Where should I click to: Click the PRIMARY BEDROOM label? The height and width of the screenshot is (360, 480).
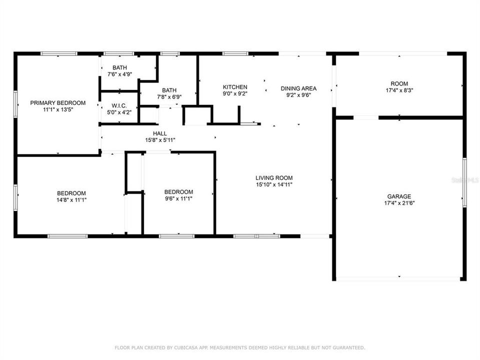tap(57, 103)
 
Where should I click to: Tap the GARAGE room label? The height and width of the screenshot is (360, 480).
tap(399, 196)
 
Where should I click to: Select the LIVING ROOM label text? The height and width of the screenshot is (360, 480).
tap(273, 177)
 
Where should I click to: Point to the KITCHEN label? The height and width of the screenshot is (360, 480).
tap(235, 87)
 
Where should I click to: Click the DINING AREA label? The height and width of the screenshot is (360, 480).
tap(298, 88)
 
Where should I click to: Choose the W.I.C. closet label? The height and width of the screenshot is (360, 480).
tap(119, 106)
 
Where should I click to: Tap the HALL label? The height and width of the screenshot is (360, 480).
tap(160, 133)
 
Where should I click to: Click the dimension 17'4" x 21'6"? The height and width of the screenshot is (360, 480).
tap(399, 203)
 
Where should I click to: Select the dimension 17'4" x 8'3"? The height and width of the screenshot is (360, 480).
tap(399, 90)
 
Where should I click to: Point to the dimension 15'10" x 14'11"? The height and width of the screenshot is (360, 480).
tap(273, 184)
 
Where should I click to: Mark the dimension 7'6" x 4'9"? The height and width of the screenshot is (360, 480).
tap(119, 74)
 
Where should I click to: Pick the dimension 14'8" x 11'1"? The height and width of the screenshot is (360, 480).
tap(71, 200)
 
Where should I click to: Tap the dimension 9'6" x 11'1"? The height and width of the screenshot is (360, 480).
tap(178, 198)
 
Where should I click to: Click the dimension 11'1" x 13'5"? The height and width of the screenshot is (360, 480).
tap(57, 110)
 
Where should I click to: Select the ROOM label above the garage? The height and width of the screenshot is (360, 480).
tap(399, 83)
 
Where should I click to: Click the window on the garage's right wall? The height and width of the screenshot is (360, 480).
tap(464, 182)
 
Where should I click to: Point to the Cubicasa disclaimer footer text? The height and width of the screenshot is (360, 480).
tap(240, 347)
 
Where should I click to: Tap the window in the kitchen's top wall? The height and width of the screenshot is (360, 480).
tap(235, 53)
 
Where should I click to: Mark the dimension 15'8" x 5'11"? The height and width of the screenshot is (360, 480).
tap(160, 140)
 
